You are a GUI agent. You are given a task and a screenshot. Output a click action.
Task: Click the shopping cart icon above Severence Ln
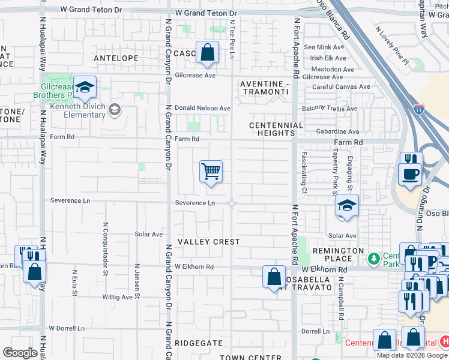pos(211,172)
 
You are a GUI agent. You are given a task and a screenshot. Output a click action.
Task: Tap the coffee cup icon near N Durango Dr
pos(411,175)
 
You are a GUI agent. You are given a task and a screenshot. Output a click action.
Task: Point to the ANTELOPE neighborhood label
pos(116,58)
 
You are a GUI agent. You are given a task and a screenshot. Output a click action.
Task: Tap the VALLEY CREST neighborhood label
pos(209,242)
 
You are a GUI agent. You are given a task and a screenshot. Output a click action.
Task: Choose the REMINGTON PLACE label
pos(338,254)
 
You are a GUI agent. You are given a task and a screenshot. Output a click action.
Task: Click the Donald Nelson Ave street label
pos(202,108)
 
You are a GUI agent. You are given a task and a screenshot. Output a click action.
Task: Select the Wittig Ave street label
pos(117,297)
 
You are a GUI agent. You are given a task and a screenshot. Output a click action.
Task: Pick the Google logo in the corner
pos(20,353)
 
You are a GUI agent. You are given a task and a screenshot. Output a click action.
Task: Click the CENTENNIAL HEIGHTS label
pos(276,129)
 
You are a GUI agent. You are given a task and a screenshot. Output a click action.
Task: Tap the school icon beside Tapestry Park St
pos(347,207)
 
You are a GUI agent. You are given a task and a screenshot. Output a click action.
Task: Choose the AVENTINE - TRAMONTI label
pos(265,88)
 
